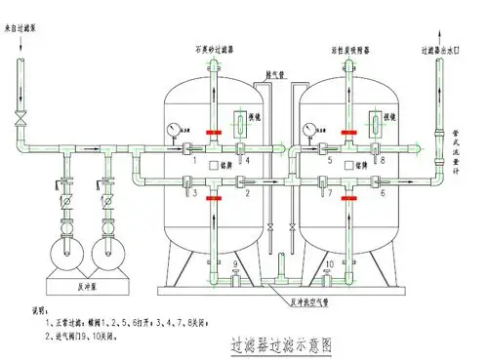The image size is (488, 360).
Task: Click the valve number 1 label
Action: click(195, 160)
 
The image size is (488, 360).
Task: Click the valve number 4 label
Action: click(248, 160)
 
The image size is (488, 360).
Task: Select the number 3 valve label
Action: click(195, 194)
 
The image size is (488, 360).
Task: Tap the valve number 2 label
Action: click(248, 194)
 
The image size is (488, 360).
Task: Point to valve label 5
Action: click(330, 160)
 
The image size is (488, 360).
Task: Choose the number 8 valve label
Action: click(383, 160)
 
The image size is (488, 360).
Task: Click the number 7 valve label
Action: click(330, 194)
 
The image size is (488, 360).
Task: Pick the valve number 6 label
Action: click(383, 194)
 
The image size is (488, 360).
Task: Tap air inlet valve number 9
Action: click(234, 265)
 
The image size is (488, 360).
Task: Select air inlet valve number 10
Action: click(329, 265)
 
